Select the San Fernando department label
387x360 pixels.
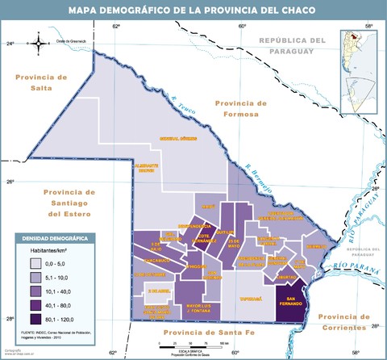[x=291, y=303]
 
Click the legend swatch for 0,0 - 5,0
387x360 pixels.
[x=29, y=264]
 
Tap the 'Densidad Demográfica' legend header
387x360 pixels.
[x=56, y=239]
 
